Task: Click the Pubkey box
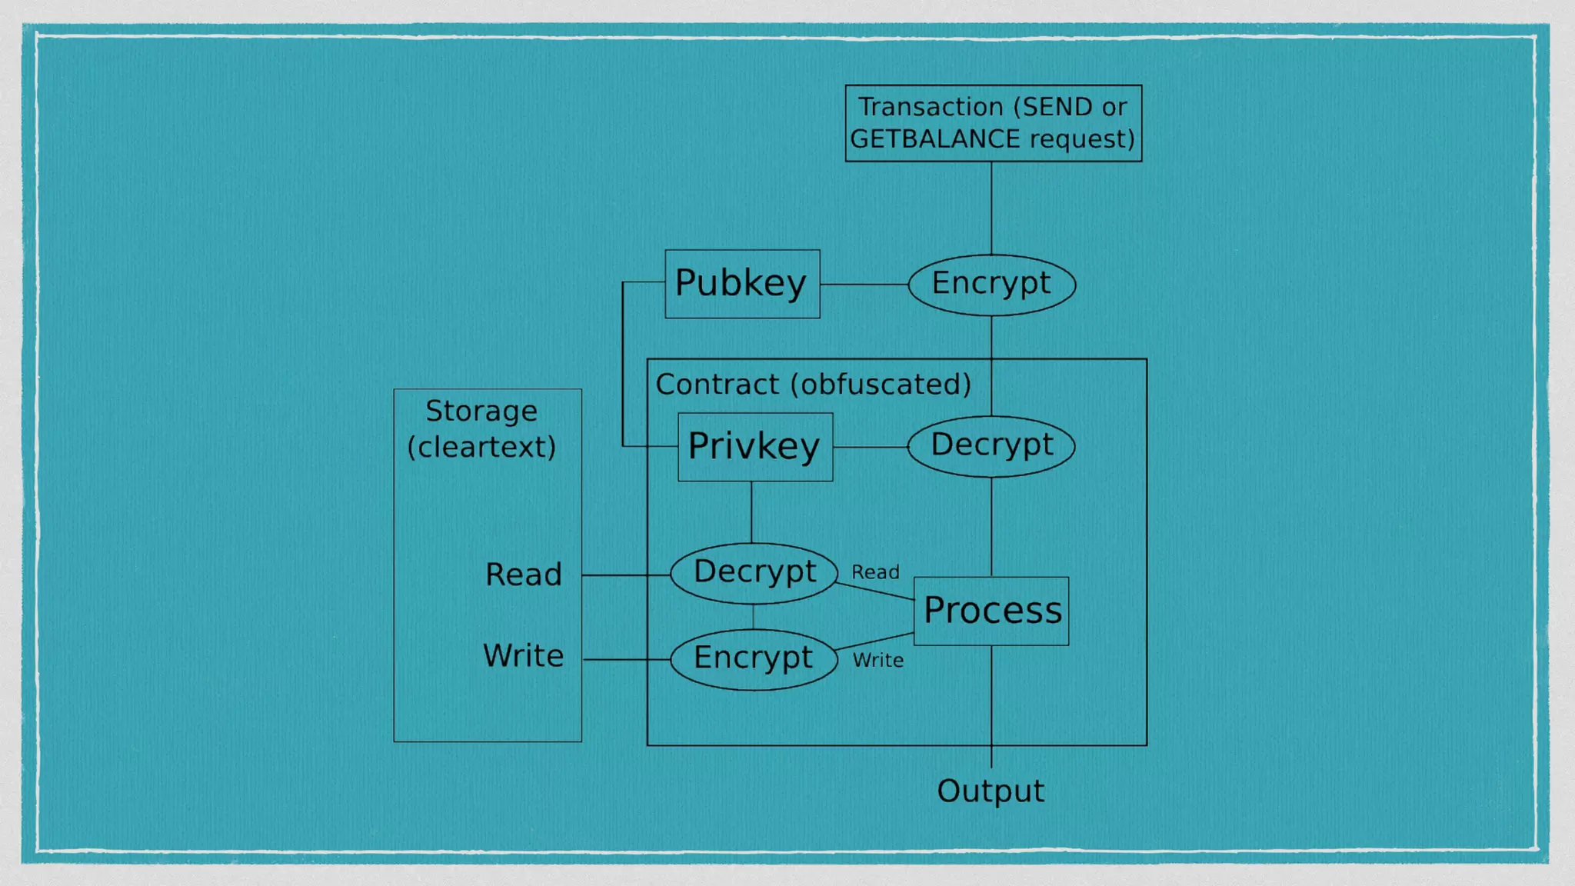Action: click(742, 284)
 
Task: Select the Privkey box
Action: click(754, 447)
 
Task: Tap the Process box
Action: click(991, 611)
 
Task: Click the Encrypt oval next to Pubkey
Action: click(991, 285)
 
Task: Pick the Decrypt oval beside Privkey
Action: click(991, 446)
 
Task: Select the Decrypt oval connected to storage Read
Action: click(754, 573)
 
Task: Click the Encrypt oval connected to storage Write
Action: click(754, 659)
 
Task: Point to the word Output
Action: click(991, 791)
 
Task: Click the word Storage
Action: click(481, 411)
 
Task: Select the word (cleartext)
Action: click(481, 448)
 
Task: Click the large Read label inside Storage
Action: click(524, 575)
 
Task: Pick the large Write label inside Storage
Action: click(523, 656)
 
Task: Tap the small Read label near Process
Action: click(875, 572)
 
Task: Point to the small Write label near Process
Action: click(877, 660)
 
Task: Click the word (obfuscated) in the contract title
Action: click(881, 385)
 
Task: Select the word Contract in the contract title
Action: click(718, 385)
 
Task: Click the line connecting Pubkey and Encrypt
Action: click(864, 285)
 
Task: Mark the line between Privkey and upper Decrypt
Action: click(870, 447)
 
